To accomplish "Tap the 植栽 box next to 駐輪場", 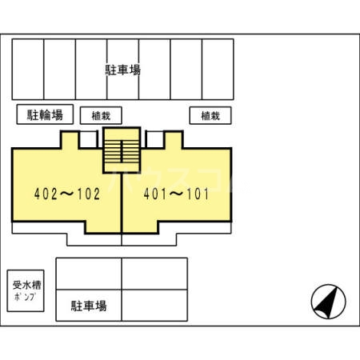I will click(100, 115).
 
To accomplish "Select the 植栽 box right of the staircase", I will click(210, 115).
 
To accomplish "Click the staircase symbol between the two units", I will click(122, 150).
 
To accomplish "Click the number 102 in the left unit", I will click(88, 194).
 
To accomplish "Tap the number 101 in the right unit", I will click(198, 194).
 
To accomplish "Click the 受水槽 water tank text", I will click(25, 283).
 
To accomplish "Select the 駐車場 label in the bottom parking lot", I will click(88, 306).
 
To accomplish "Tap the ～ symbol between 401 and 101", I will click(177, 194).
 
